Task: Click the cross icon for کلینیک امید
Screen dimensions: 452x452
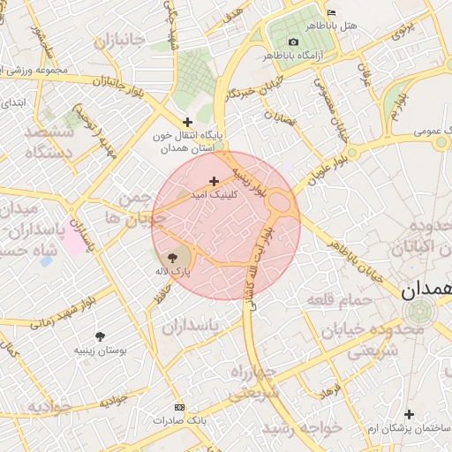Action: pos(214,181)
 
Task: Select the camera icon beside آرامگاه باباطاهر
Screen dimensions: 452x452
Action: pos(293,42)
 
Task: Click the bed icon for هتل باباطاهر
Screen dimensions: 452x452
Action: pos(331,12)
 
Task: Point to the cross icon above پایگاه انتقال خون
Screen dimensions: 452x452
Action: pos(186,122)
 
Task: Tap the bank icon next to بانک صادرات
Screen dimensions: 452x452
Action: pos(180,407)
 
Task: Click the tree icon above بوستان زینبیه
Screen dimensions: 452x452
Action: pos(102,336)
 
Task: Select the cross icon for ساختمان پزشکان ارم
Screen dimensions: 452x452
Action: pos(408,414)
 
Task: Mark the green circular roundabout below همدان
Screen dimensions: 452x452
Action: pos(420,312)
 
